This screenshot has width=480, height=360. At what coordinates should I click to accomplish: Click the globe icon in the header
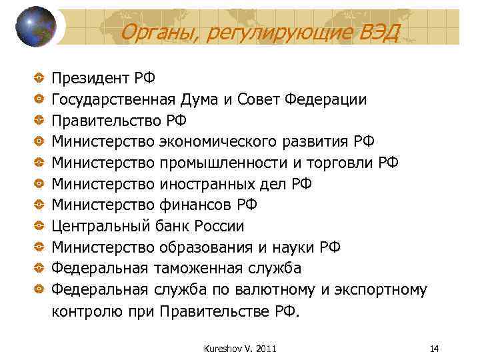(35, 27)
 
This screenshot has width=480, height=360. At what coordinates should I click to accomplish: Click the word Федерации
(325, 100)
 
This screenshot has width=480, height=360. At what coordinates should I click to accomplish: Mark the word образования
(206, 247)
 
